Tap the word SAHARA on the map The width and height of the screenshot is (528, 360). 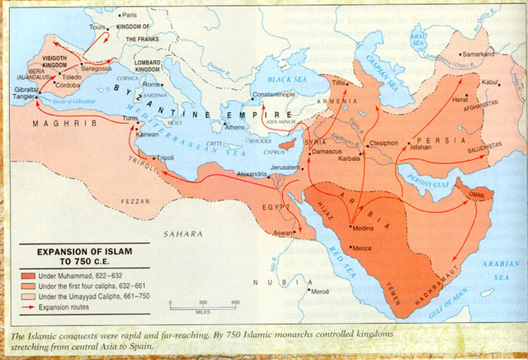[x=182, y=234]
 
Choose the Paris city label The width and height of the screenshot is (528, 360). [x=130, y=15]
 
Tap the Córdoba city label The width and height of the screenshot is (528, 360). [x=69, y=84]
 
